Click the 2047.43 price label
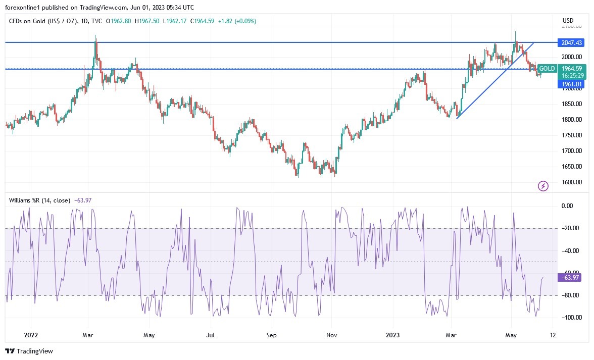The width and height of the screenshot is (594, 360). (x=570, y=42)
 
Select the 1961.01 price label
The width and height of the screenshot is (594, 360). (x=570, y=84)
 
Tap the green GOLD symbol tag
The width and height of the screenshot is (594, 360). (x=547, y=69)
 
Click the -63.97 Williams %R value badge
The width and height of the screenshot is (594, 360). (x=570, y=277)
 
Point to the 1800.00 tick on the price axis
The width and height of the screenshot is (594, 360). (x=571, y=120)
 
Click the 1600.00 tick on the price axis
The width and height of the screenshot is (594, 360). (x=571, y=182)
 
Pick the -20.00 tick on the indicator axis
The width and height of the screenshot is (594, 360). (x=571, y=228)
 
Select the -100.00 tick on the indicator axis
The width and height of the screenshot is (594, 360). (x=571, y=318)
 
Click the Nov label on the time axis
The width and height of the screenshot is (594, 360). (x=331, y=335)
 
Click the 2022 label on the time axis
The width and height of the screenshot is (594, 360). (x=30, y=335)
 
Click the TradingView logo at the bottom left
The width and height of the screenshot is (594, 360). (x=29, y=351)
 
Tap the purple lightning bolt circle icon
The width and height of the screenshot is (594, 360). (x=543, y=186)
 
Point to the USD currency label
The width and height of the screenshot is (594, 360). (x=568, y=20)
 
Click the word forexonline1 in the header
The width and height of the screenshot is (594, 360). (x=23, y=8)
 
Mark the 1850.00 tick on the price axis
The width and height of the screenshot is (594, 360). (x=571, y=104)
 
